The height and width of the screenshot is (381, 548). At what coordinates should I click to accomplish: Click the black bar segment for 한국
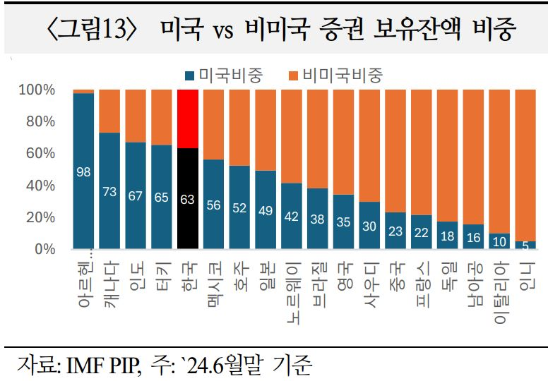(187, 199)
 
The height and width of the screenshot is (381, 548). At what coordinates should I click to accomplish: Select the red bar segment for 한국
(187, 119)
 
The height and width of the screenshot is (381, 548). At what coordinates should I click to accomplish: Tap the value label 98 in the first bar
(83, 171)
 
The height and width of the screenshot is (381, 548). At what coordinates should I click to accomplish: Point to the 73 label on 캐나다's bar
(109, 191)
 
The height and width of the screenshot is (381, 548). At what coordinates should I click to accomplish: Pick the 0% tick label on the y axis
(44, 249)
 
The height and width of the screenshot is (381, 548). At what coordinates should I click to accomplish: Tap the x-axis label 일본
(266, 276)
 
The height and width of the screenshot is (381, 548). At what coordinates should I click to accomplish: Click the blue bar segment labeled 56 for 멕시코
(213, 205)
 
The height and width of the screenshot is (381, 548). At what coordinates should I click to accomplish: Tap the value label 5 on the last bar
(525, 246)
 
